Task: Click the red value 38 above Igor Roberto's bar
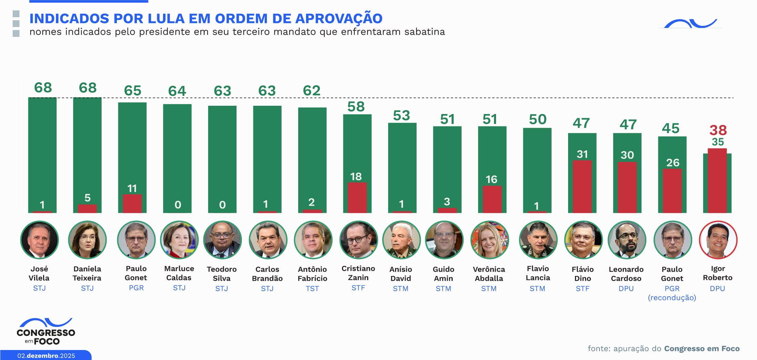click(x=718, y=130)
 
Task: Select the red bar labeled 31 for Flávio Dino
click(x=582, y=186)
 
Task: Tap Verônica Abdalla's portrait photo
click(x=489, y=240)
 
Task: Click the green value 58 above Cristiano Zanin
click(x=356, y=107)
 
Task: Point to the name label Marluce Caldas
click(x=179, y=273)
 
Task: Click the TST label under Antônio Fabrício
click(x=312, y=289)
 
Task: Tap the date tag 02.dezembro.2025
click(x=46, y=356)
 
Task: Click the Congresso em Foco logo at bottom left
click(x=46, y=332)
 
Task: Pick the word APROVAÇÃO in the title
click(x=339, y=19)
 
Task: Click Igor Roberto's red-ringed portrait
click(x=718, y=240)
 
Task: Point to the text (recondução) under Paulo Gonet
click(x=672, y=298)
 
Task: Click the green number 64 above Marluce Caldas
click(x=177, y=91)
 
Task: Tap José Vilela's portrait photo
click(x=40, y=240)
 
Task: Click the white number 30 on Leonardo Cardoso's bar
click(x=627, y=155)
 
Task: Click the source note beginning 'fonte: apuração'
click(x=663, y=349)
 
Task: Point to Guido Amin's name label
click(x=443, y=274)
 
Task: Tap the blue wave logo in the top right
click(x=690, y=23)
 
